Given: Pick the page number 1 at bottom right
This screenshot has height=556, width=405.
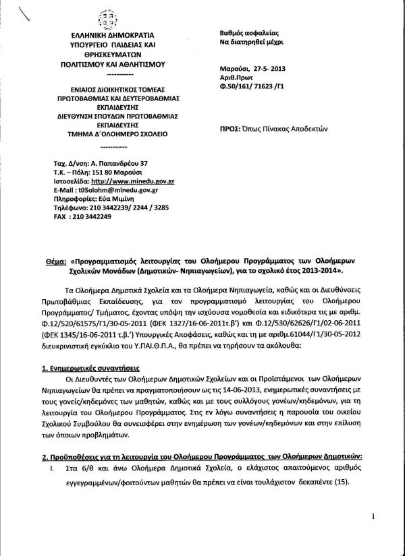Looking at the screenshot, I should pos(373,516).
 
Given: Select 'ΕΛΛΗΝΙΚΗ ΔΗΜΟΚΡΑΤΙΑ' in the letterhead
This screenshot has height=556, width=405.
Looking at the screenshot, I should pos(107,34).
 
